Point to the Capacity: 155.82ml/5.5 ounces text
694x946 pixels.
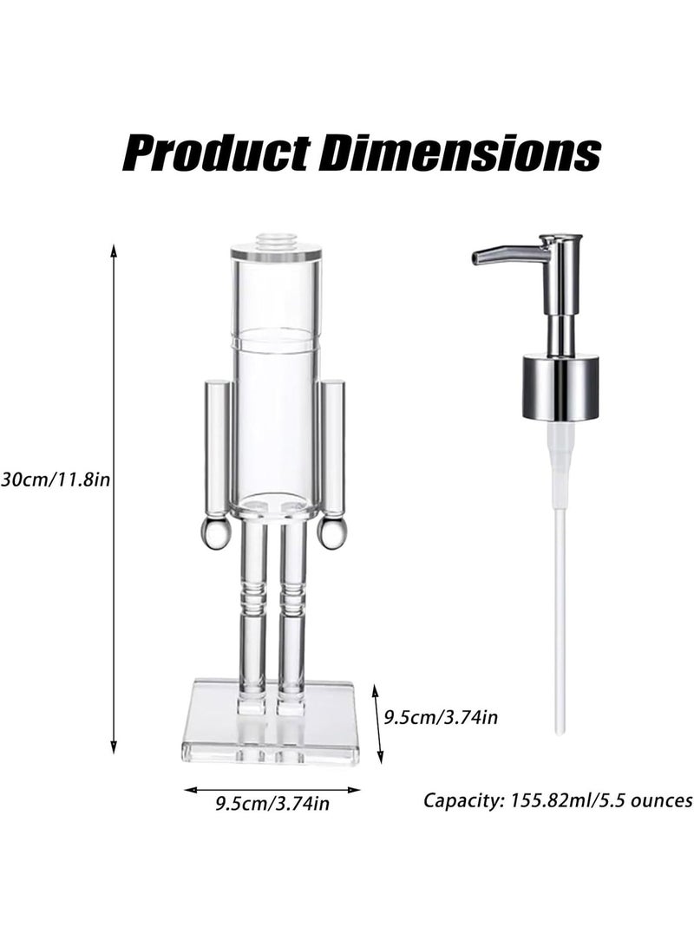click(558, 799)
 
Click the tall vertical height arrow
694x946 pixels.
click(114, 499)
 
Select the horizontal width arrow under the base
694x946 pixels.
click(272, 789)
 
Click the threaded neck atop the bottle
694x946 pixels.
click(276, 240)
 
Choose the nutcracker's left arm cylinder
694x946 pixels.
click(218, 447)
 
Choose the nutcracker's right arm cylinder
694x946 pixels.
click(332, 447)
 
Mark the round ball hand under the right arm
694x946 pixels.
click(331, 533)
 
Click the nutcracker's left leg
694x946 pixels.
click(252, 616)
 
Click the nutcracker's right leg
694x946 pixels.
click(291, 616)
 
